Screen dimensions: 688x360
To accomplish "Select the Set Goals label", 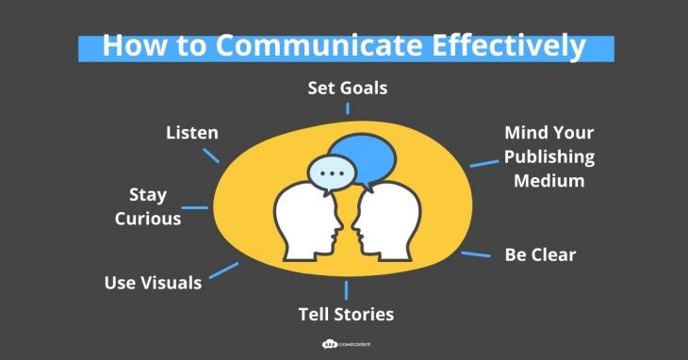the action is pos(348,89).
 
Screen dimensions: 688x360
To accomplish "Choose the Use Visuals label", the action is pos(153,282).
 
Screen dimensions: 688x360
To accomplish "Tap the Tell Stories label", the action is pos(347,313).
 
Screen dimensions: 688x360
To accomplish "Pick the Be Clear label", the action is pos(540,254).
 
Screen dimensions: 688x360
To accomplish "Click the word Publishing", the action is pos(549,156).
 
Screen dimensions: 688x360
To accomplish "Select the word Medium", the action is pos(549,180).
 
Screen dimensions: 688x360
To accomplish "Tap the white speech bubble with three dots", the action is pos(332,173).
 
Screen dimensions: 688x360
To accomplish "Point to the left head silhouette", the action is pos(303,222).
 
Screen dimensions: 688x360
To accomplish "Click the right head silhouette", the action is pos(388,222).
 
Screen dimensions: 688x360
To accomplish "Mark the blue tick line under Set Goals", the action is pos(348,107).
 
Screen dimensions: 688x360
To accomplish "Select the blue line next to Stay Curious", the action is pos(195,207).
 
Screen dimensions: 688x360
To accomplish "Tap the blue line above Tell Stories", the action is pos(348,289).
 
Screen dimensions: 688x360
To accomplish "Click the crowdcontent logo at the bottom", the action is pos(343,345).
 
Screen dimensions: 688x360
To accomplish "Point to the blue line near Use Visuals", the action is pos(223,270).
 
